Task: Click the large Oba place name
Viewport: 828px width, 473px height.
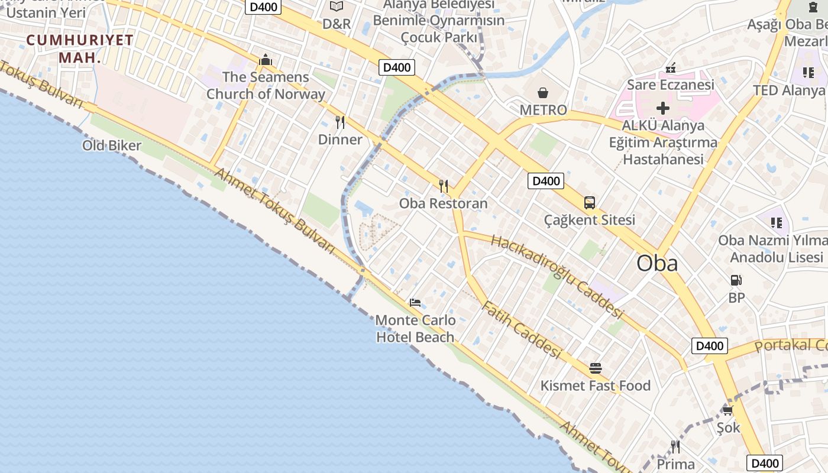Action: pos(657,263)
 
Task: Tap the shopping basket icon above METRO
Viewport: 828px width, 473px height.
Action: pos(543,93)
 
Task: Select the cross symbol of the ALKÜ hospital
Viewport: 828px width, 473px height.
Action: pos(663,108)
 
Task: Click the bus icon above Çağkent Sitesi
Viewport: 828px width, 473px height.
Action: pos(589,203)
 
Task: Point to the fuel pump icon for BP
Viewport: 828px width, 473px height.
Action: pos(736,280)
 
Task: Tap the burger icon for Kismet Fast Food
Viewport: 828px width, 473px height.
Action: pos(595,368)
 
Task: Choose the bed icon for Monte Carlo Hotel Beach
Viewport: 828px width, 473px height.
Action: pos(415,303)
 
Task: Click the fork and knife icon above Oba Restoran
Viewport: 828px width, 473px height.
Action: pos(444,186)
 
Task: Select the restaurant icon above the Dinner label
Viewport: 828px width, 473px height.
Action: pos(340,122)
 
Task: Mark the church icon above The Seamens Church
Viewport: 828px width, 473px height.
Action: pos(266,60)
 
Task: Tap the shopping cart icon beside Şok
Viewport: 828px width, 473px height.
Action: pos(727,410)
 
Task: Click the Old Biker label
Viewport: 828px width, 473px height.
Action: pos(112,145)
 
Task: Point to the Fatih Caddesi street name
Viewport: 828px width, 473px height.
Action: pos(520,330)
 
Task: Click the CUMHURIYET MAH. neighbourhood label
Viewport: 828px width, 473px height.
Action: pos(79,48)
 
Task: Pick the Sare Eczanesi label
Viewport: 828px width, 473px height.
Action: pos(671,85)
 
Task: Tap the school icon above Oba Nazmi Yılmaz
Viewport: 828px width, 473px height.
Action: pos(776,223)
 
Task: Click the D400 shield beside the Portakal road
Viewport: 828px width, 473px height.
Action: pos(709,346)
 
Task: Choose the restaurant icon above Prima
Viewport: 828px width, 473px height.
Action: pos(675,446)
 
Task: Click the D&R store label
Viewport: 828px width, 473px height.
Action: pos(337,24)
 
